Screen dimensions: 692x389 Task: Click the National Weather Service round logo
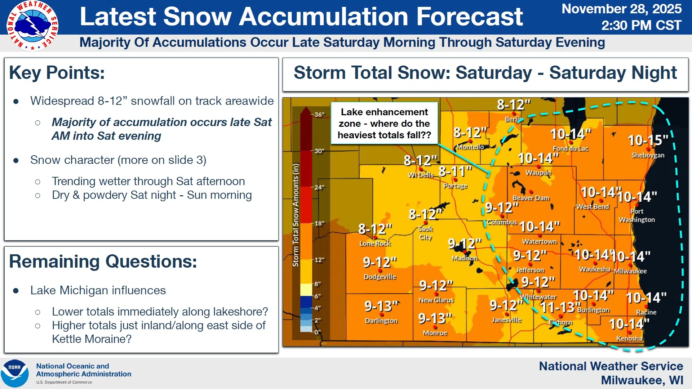[32, 26]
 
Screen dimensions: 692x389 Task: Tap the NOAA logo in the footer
[14, 374]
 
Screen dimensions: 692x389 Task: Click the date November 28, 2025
[621, 9]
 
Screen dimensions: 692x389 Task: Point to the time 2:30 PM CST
[641, 25]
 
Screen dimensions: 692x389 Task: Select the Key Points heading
[57, 73]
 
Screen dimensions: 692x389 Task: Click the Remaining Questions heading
[103, 261]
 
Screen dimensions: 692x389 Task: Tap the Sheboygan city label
[648, 155]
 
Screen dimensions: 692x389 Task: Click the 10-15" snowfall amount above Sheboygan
[648, 140]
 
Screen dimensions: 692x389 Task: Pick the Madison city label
[465, 258]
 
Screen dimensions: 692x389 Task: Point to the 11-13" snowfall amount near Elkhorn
[558, 307]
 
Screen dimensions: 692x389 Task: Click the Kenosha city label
[629, 338]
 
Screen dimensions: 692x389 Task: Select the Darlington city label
[381, 321]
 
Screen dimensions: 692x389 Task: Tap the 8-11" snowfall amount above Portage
[455, 171]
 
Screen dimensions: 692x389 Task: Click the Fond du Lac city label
[571, 148]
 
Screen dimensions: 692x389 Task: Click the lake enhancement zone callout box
[384, 123]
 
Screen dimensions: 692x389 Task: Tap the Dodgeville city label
[380, 277]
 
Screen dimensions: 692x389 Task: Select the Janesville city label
[506, 320]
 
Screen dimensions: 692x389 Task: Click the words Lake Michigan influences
[98, 290]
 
